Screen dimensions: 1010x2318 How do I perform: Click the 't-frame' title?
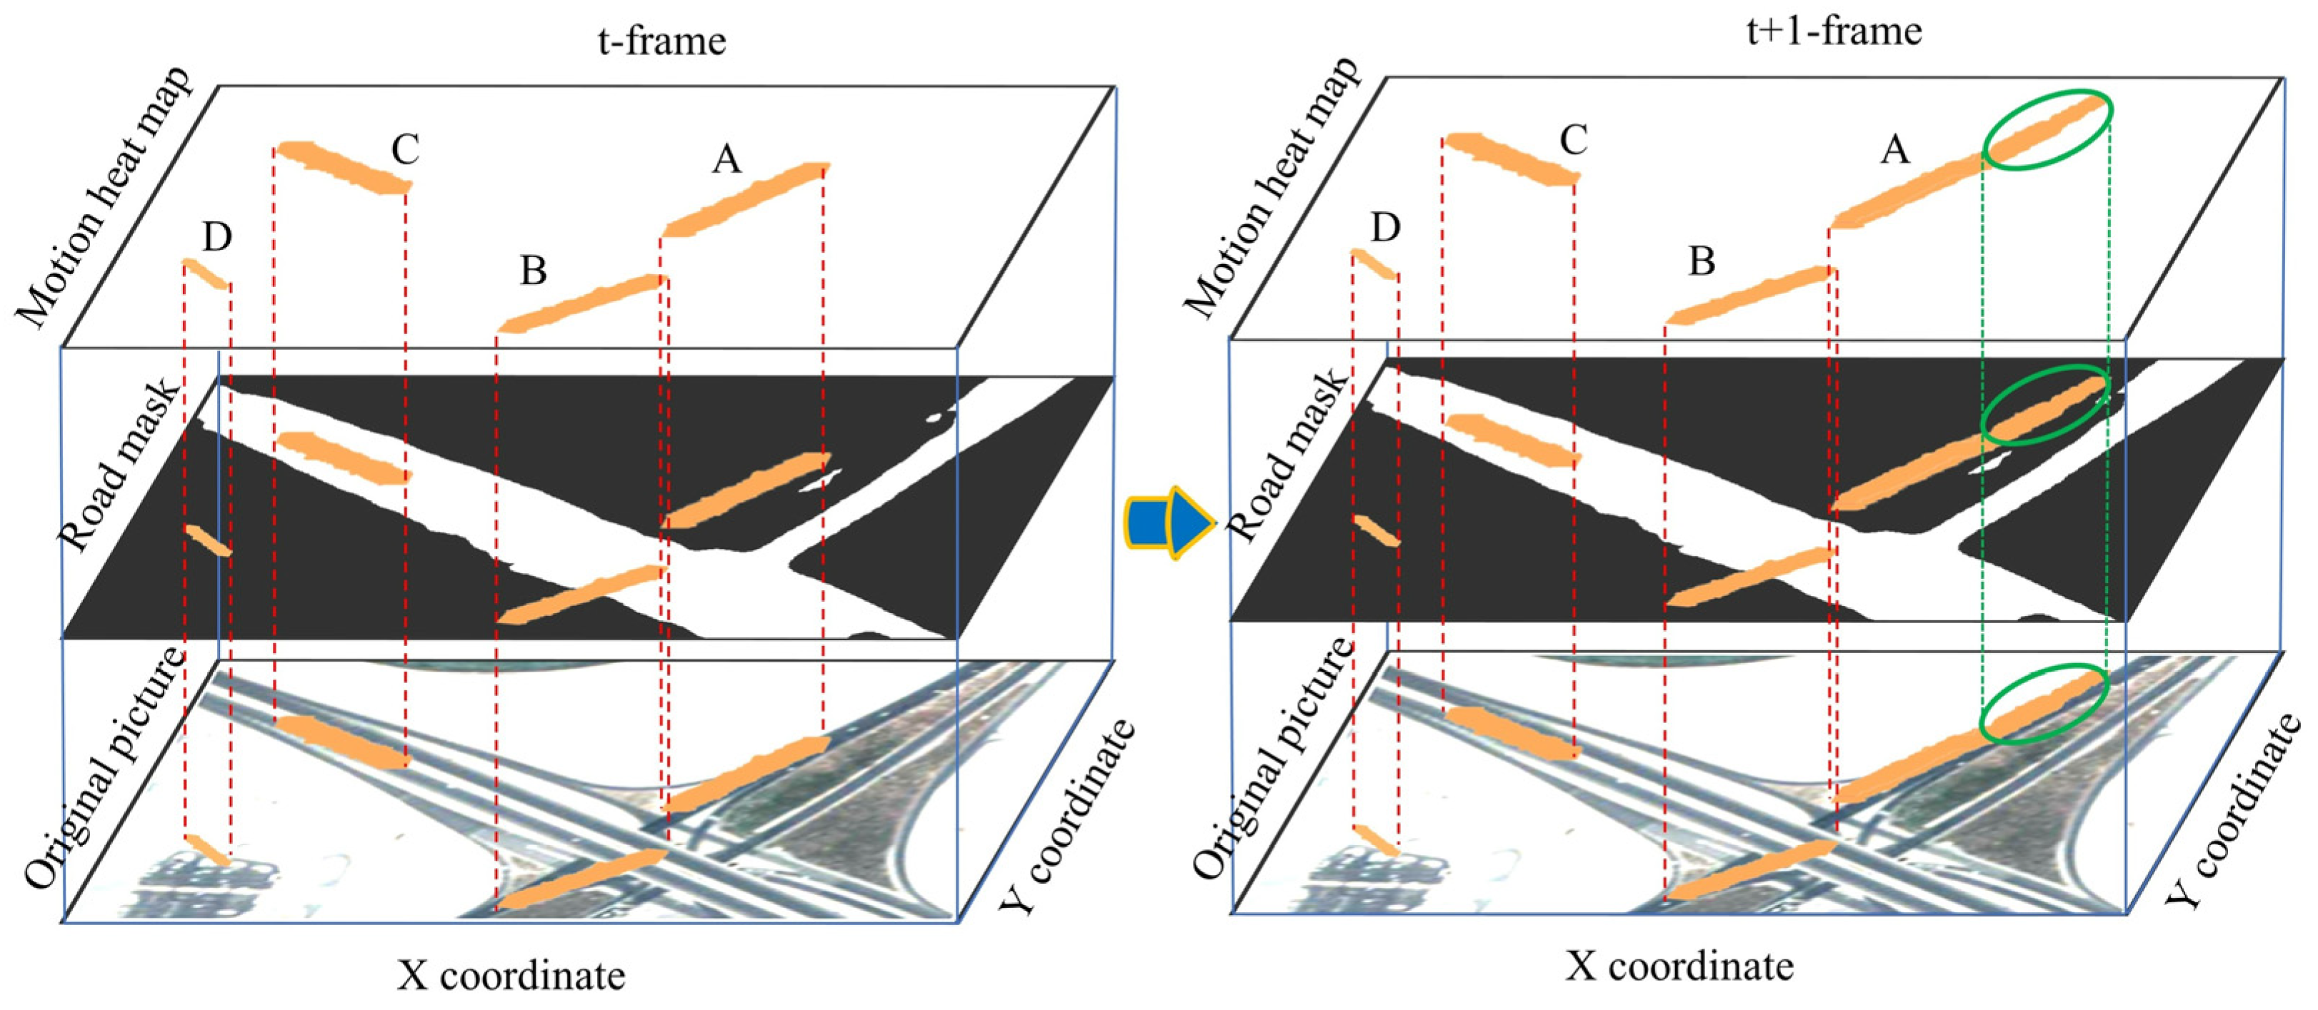click(661, 41)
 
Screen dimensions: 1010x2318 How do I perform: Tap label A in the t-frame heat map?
click(726, 160)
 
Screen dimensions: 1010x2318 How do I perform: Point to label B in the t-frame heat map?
click(533, 270)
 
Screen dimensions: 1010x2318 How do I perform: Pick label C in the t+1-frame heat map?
click(1573, 141)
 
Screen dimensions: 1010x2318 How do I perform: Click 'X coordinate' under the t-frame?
click(511, 975)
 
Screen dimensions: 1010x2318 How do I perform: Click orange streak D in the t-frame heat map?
click(206, 274)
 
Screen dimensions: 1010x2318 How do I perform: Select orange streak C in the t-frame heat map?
click(342, 167)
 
